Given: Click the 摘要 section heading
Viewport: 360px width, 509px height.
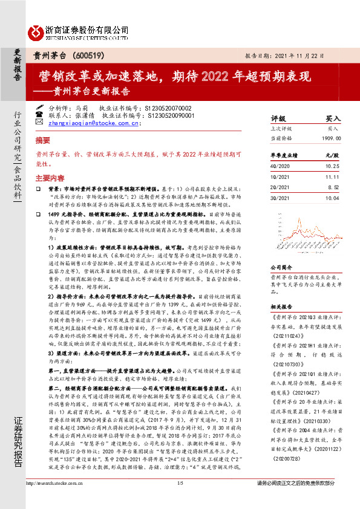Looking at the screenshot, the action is [x=43, y=139].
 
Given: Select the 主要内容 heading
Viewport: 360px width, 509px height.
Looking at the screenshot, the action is [x=50, y=178].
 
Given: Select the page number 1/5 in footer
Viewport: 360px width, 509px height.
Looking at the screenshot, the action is [x=180, y=500].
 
